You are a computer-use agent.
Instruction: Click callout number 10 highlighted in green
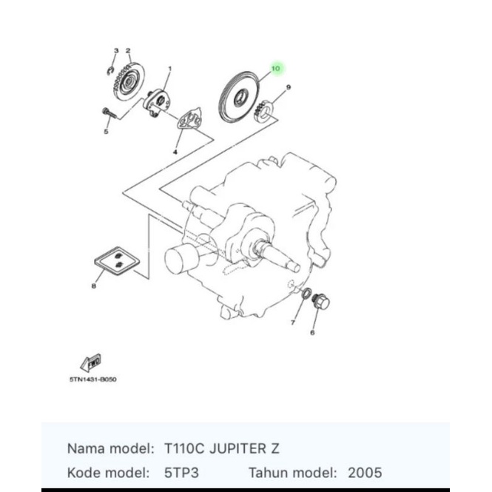(x=275, y=69)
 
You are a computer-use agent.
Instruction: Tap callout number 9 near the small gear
(x=288, y=87)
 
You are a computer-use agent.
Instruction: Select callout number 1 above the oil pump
(x=169, y=69)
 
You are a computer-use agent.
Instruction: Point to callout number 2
(x=128, y=51)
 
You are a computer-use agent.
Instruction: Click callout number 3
(x=115, y=51)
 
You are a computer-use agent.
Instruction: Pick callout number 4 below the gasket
(x=175, y=152)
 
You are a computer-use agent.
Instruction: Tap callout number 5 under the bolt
(x=106, y=132)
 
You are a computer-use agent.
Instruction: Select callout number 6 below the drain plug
(x=312, y=332)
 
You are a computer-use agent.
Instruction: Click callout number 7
(x=292, y=323)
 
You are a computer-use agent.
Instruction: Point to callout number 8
(x=93, y=286)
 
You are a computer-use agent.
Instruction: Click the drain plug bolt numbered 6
(x=322, y=302)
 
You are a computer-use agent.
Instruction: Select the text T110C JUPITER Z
(x=221, y=448)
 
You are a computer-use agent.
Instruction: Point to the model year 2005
(x=365, y=472)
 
